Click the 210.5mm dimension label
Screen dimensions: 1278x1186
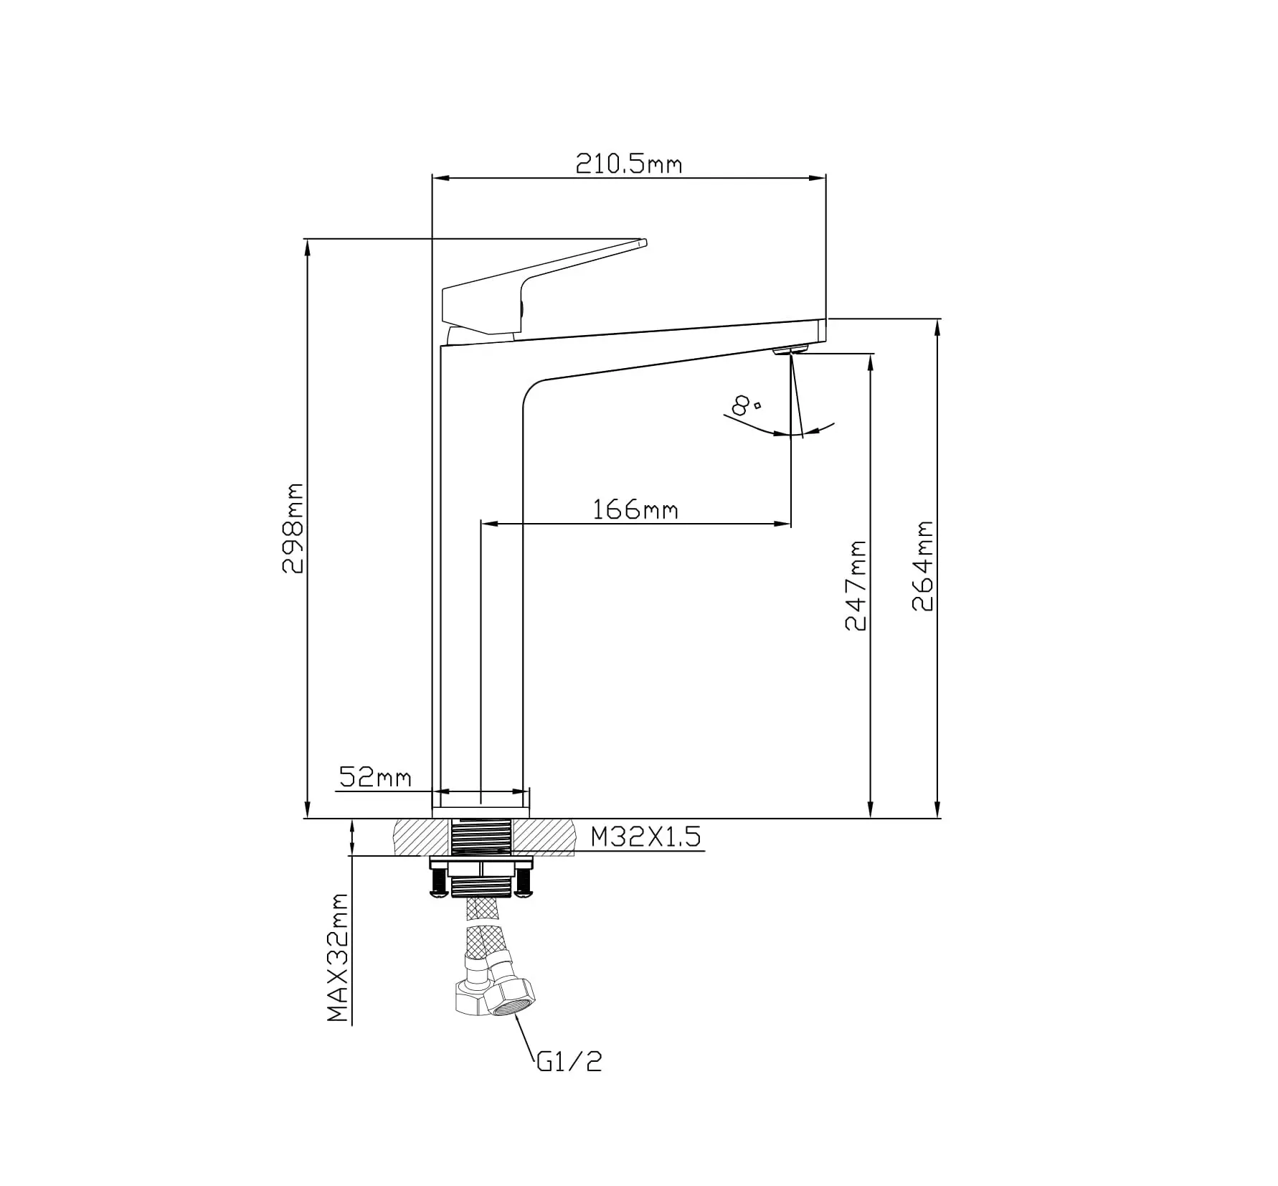click(629, 164)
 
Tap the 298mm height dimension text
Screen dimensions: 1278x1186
click(293, 528)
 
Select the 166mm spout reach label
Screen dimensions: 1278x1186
click(635, 509)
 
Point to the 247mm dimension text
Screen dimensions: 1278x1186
click(856, 585)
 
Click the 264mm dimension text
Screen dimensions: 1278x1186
click(922, 566)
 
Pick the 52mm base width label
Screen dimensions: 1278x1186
click(375, 777)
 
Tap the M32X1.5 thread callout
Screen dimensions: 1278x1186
click(645, 837)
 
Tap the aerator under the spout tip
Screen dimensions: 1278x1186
click(790, 349)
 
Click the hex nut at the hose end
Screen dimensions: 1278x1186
click(510, 998)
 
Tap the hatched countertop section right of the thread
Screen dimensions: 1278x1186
click(544, 836)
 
